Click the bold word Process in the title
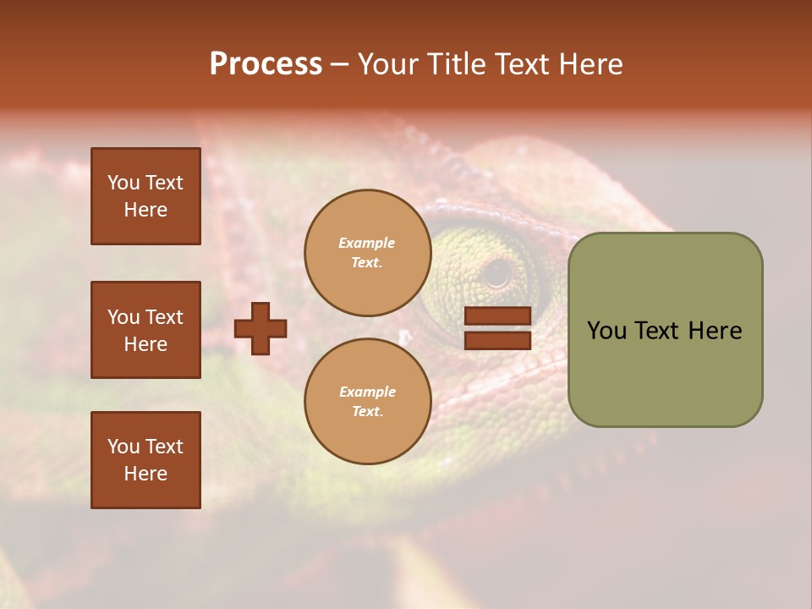coord(266,64)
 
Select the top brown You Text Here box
coord(145,196)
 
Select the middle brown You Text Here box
coord(145,330)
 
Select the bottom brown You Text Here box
coord(145,460)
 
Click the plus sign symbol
coord(261,328)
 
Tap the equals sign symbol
coord(497,328)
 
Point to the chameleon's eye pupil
coord(497,273)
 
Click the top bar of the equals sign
coord(497,316)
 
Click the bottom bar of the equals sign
coord(497,340)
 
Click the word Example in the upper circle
coord(367,243)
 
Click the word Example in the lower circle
coord(367,392)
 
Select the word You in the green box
coord(606,331)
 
